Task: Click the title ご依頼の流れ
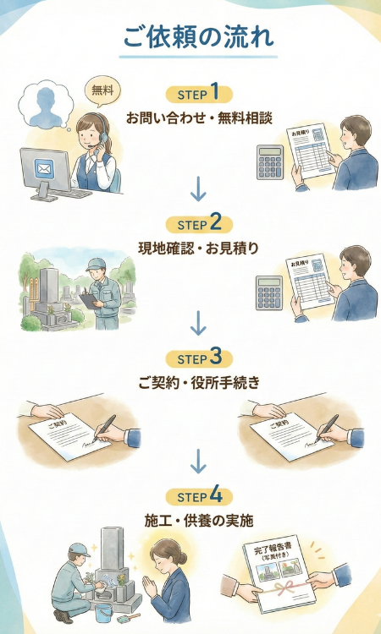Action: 198,37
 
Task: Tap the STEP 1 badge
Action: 199,94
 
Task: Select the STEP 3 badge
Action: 199,358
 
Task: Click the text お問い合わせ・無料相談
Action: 198,118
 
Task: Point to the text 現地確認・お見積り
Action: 198,249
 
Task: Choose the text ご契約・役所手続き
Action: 198,382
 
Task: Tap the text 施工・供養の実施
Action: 198,521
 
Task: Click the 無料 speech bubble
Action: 102,92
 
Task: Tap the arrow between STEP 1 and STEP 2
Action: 198,189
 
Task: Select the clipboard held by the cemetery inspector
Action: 90,300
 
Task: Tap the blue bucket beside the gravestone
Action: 104,614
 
